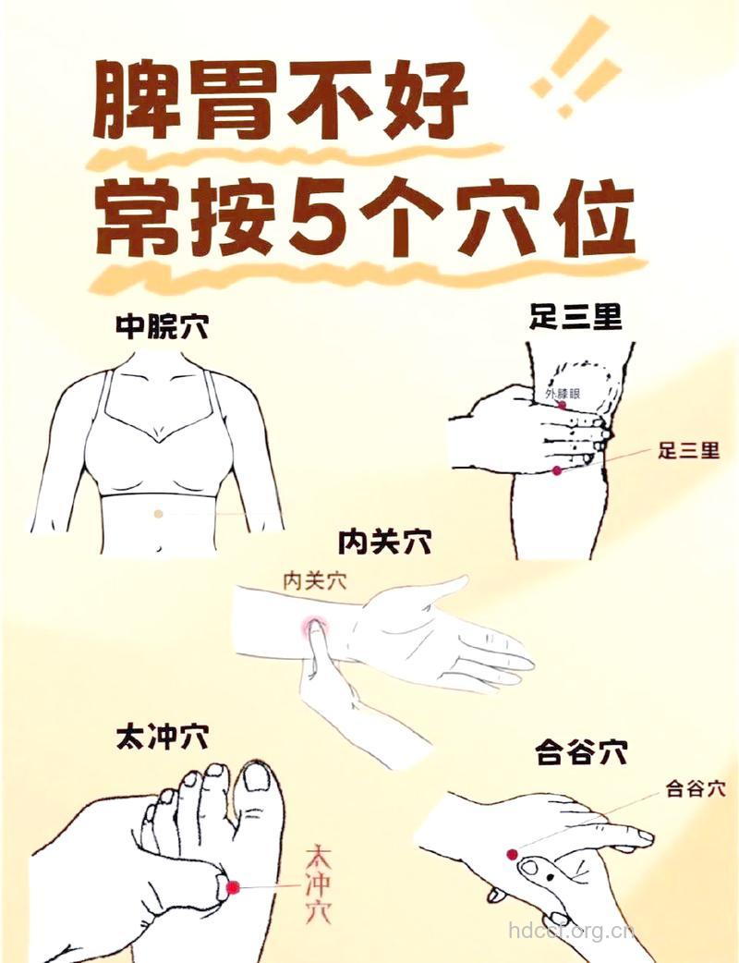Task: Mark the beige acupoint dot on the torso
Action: pyautogui.click(x=159, y=513)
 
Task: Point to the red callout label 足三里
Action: pyautogui.click(x=688, y=451)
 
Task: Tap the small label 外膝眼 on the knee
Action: pyautogui.click(x=563, y=395)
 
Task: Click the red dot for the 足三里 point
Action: pyautogui.click(x=557, y=471)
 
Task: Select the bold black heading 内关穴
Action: pyautogui.click(x=385, y=541)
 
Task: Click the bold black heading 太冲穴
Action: pyautogui.click(x=162, y=737)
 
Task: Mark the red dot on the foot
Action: pyautogui.click(x=233, y=886)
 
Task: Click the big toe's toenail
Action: pyautogui.click(x=256, y=777)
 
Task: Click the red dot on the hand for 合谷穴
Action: pyautogui.click(x=512, y=854)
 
